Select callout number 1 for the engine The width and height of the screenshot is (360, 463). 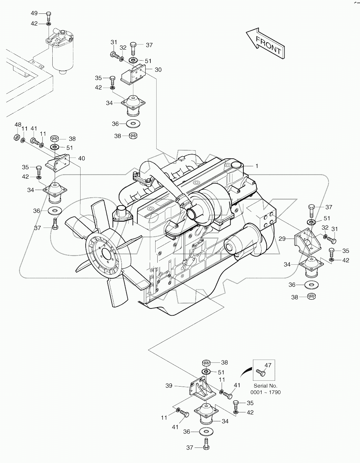click(256, 166)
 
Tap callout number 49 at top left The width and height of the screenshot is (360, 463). click(34, 13)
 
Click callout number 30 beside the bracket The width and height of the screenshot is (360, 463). click(158, 70)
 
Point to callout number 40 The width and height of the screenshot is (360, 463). click(81, 158)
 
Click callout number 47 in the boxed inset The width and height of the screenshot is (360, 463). click(268, 366)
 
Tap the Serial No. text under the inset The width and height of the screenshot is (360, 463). click(265, 386)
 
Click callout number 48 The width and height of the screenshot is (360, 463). click(18, 124)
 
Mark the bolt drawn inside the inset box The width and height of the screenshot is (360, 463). click(261, 372)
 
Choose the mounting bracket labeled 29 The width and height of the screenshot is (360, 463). click(307, 242)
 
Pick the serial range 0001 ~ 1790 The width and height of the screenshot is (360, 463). click(265, 392)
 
